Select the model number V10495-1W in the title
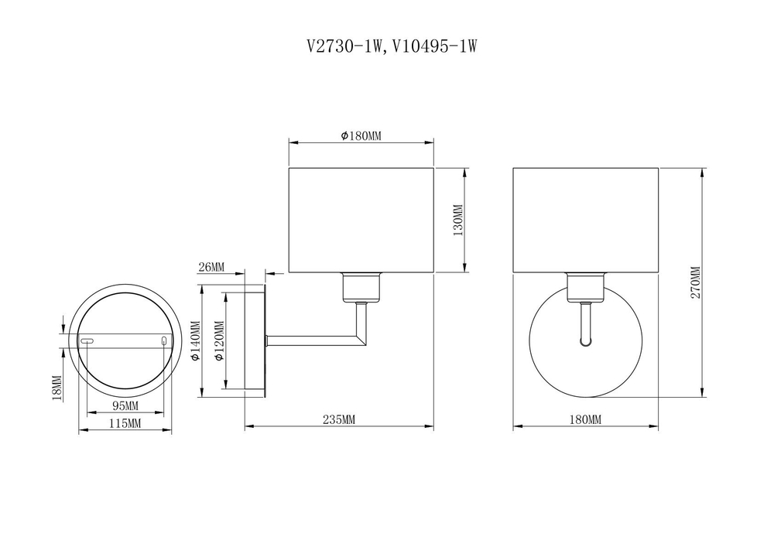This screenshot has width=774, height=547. pyautogui.click(x=433, y=46)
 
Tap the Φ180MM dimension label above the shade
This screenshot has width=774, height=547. pyautogui.click(x=361, y=136)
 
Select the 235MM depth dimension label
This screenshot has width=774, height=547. pyautogui.click(x=338, y=419)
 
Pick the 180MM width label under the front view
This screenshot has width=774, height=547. pyautogui.click(x=585, y=419)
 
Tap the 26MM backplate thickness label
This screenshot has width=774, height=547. pyautogui.click(x=211, y=268)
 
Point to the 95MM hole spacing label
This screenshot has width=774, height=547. pyautogui.click(x=125, y=406)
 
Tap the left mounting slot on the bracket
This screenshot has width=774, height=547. pyautogui.click(x=87, y=341)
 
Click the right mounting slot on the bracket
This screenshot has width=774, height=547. pyautogui.click(x=164, y=341)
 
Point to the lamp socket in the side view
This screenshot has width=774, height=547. pyautogui.click(x=361, y=288)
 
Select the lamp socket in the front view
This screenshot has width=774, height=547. pyautogui.click(x=585, y=288)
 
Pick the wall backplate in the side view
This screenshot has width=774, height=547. pyautogui.click(x=255, y=340)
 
